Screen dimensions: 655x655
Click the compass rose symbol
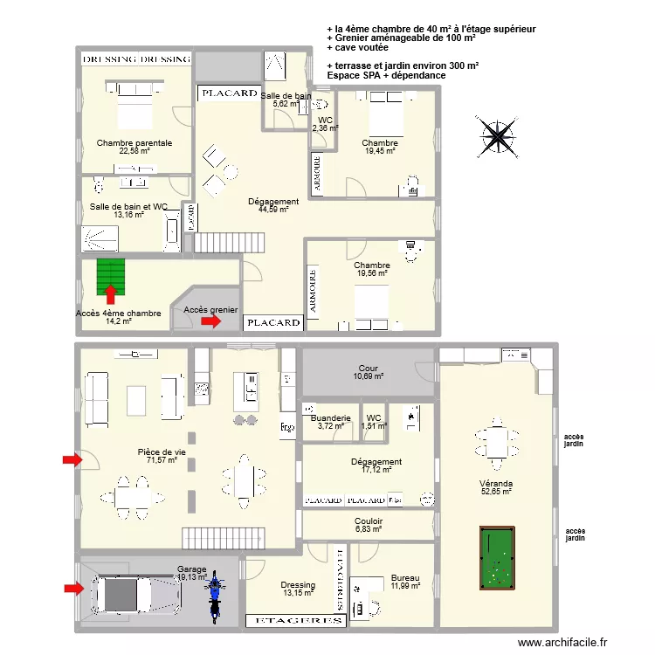pyautogui.click(x=497, y=136)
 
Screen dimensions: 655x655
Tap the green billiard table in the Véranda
pyautogui.click(x=497, y=558)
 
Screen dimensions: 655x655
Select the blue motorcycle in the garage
pyautogui.click(x=214, y=596)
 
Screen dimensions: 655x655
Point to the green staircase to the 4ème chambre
pyautogui.click(x=111, y=277)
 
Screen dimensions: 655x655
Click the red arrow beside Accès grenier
pyautogui.click(x=211, y=321)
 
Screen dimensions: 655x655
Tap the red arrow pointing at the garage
pyautogui.click(x=74, y=589)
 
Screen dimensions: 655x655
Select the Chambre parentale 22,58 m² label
pyautogui.click(x=134, y=147)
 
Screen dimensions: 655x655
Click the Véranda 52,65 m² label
pyautogui.click(x=496, y=487)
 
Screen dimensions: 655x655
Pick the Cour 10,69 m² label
pyautogui.click(x=368, y=372)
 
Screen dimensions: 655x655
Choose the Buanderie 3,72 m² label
pyautogui.click(x=330, y=422)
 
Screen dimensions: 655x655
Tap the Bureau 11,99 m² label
pyautogui.click(x=405, y=582)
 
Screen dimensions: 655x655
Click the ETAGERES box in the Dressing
pyautogui.click(x=296, y=621)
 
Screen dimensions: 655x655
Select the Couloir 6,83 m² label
pyautogui.click(x=369, y=525)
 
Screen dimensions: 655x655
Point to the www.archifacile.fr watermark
pyautogui.click(x=562, y=642)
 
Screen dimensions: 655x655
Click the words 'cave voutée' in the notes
pyautogui.click(x=362, y=48)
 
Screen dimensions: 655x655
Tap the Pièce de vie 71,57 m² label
pyautogui.click(x=162, y=456)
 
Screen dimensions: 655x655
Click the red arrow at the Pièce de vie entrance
pyautogui.click(x=72, y=460)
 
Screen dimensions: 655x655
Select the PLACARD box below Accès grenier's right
pyautogui.click(x=273, y=322)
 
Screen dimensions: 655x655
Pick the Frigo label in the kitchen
pyautogui.click(x=287, y=427)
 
